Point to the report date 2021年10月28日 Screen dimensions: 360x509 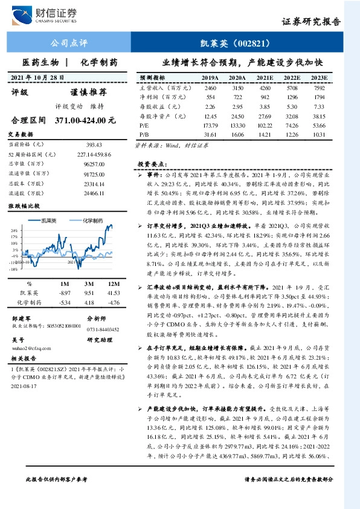pos(38,77)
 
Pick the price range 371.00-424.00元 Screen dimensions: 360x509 pos(85,120)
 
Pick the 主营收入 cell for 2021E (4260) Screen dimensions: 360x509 pos(263,88)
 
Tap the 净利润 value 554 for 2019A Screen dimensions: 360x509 pos(210,97)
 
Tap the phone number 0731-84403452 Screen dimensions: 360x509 pos(103,329)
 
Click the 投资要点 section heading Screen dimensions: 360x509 pos(149,163)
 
